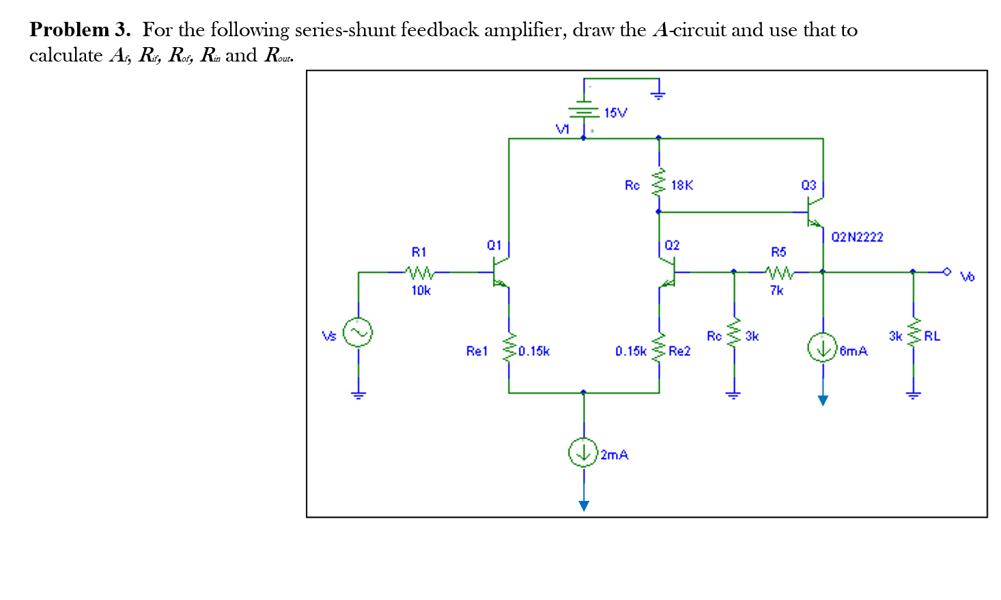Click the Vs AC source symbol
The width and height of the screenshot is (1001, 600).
[x=358, y=333]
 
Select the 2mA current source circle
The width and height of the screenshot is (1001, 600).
[x=583, y=452]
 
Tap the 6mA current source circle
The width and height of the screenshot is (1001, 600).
[x=822, y=347]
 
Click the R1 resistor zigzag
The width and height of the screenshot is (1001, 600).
[x=419, y=272]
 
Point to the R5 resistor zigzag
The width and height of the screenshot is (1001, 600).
[x=778, y=272]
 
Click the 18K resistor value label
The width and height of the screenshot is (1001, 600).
[x=681, y=185]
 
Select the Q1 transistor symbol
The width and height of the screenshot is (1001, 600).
[x=501, y=273]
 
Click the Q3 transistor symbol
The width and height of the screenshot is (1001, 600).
[x=815, y=211]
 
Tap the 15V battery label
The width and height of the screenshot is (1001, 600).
[x=615, y=113]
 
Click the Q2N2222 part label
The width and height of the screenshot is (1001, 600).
[x=857, y=237]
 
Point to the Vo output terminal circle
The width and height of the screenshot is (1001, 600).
[x=946, y=272]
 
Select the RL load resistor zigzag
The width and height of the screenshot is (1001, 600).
[x=914, y=335]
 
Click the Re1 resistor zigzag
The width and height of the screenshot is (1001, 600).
[x=509, y=351]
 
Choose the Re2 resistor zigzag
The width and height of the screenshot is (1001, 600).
[x=659, y=351]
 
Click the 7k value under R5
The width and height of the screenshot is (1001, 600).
[x=777, y=290]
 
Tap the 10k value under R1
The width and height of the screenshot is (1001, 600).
[x=421, y=290]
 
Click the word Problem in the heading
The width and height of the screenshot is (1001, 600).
[x=69, y=30]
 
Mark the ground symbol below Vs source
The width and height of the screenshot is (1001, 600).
[x=358, y=394]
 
